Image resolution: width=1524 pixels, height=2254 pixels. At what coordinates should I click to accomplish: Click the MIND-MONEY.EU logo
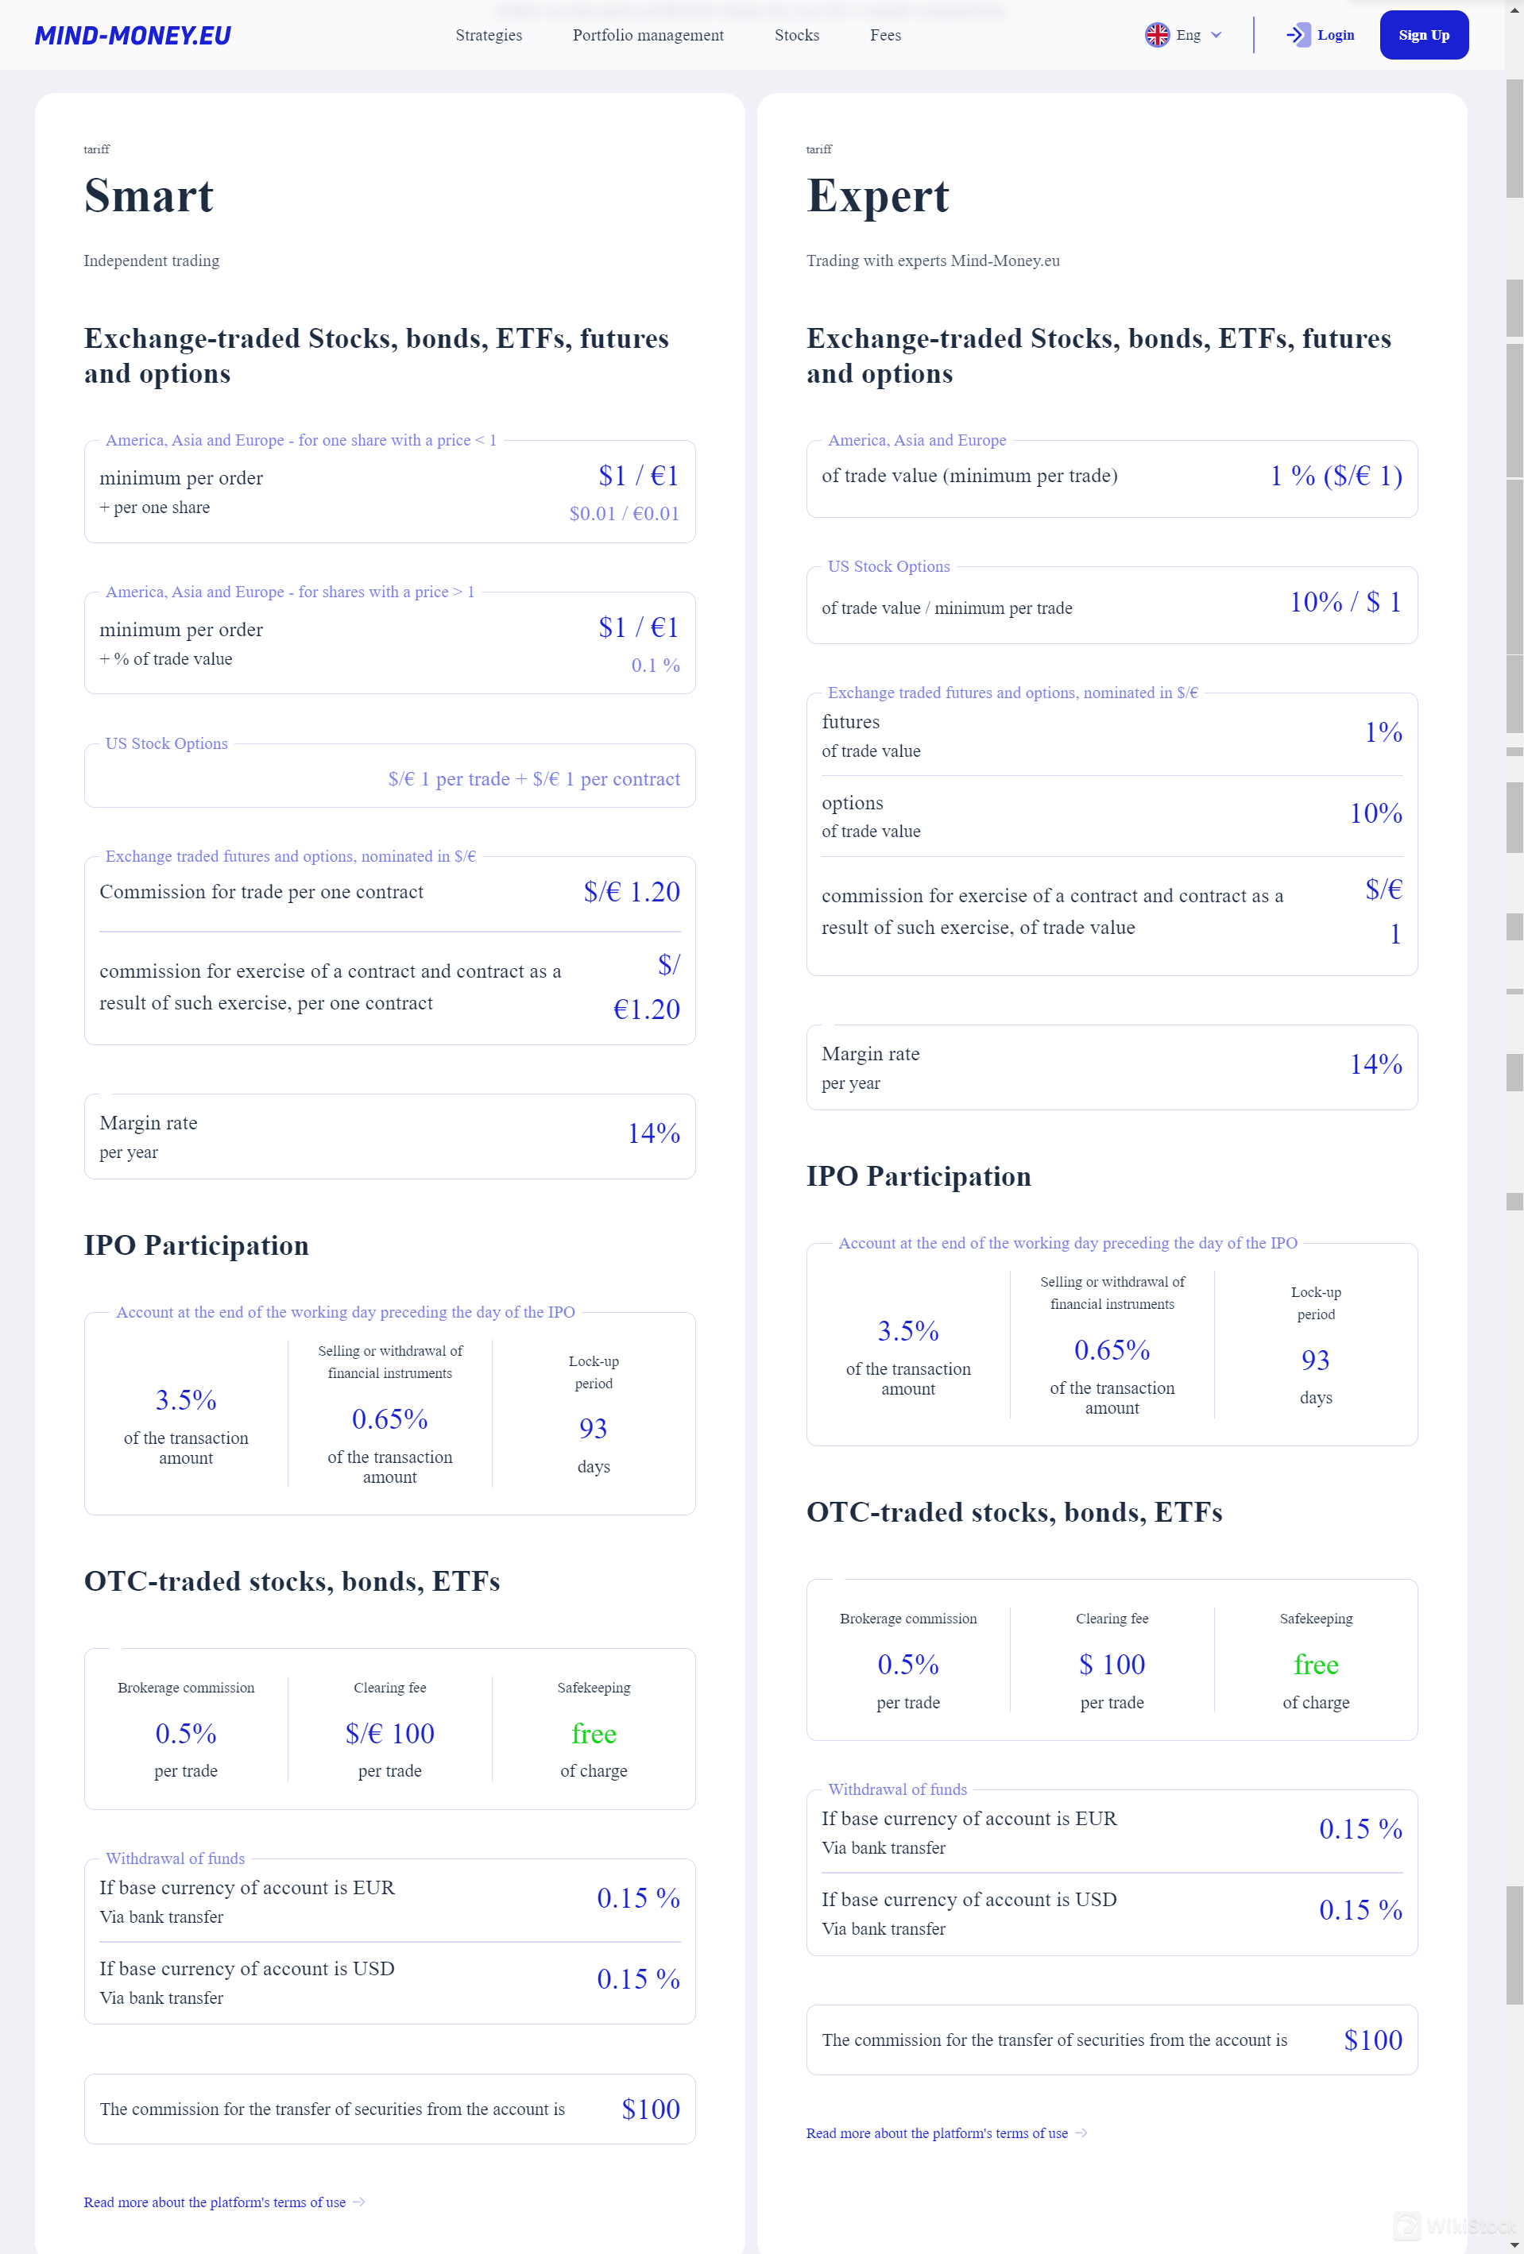(x=133, y=36)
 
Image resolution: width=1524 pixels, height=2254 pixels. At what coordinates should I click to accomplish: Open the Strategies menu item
(x=488, y=36)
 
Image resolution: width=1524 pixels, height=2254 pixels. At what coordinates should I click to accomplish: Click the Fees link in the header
(x=884, y=36)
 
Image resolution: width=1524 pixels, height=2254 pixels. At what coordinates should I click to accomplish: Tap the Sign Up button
(x=1423, y=36)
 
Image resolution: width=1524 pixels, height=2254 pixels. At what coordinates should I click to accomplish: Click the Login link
(x=1321, y=36)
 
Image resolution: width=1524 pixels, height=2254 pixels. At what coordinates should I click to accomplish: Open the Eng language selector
(x=1182, y=36)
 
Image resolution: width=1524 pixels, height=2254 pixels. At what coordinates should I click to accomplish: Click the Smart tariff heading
(x=149, y=196)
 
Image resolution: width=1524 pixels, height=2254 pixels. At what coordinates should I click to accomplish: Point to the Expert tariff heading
(x=877, y=196)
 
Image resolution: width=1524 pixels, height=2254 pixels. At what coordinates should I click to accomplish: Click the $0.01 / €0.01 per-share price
(x=624, y=514)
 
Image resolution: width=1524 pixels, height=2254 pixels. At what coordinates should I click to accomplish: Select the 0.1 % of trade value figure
(x=655, y=666)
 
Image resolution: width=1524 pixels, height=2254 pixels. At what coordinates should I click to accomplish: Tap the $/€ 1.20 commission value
(x=632, y=892)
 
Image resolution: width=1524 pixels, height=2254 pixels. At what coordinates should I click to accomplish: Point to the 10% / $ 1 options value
(x=1344, y=602)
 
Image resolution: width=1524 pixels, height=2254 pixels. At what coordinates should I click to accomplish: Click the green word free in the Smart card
(x=594, y=1733)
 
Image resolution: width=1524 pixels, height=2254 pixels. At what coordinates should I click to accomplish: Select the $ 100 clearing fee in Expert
(x=1112, y=1665)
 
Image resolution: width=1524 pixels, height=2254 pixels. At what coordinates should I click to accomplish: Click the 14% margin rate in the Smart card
(x=653, y=1133)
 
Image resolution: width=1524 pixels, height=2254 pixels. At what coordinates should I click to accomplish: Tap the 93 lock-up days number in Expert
(x=1316, y=1360)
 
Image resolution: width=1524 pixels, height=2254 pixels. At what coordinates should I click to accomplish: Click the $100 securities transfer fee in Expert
(x=1371, y=2040)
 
